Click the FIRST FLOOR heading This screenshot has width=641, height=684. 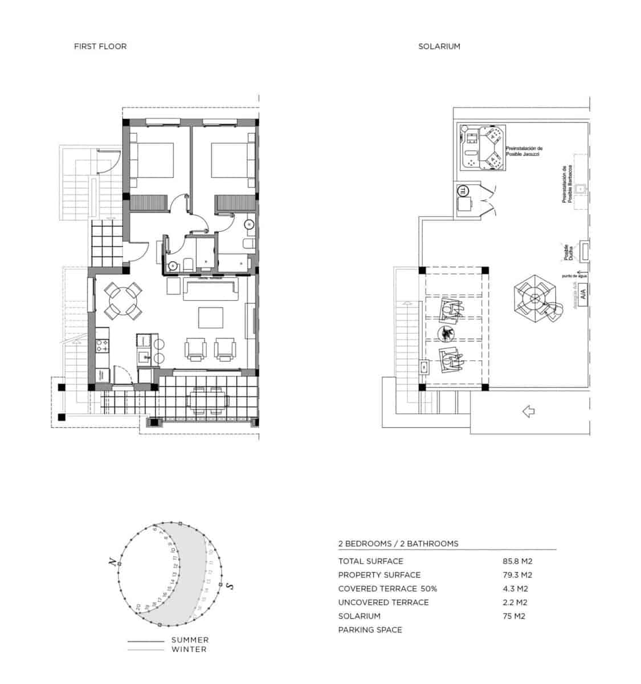(x=100, y=46)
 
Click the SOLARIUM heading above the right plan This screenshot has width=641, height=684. (x=439, y=46)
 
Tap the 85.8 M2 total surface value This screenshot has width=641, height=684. (x=517, y=561)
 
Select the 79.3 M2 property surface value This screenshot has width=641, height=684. (x=517, y=575)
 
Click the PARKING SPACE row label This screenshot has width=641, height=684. (x=370, y=630)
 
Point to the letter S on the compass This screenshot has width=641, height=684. (x=228, y=586)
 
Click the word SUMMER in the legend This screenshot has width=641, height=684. (x=190, y=640)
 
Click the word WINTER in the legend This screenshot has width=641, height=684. (x=189, y=649)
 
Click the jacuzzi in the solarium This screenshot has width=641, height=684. (x=490, y=148)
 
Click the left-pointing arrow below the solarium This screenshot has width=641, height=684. (x=528, y=410)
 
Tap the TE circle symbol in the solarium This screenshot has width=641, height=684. (x=463, y=191)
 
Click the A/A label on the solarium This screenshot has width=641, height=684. (x=582, y=295)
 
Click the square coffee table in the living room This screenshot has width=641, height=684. (x=210, y=317)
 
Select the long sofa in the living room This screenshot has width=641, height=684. (x=211, y=290)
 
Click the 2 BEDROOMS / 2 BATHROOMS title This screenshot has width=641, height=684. (x=398, y=544)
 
